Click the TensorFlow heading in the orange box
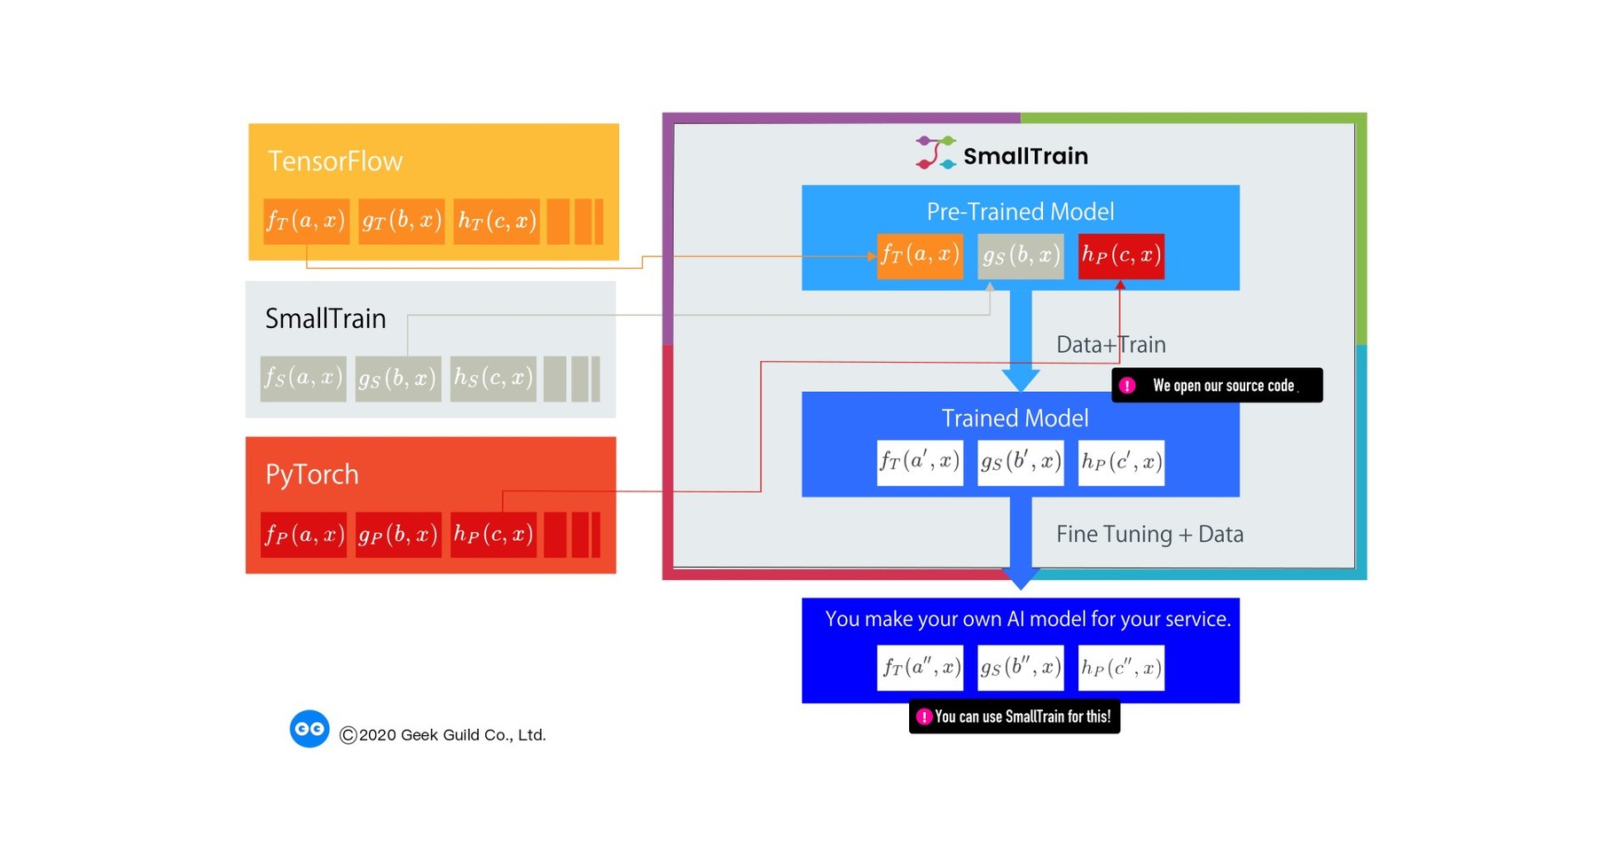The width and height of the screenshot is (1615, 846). pyautogui.click(x=335, y=161)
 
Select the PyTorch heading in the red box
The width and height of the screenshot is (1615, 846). pyautogui.click(x=312, y=474)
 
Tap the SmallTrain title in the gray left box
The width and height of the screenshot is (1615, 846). pyautogui.click(x=325, y=318)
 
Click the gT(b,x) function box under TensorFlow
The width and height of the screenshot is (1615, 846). pyautogui.click(x=401, y=221)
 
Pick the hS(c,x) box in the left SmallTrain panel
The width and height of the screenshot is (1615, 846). pyautogui.click(x=493, y=379)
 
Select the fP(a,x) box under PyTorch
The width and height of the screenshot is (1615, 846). pyautogui.click(x=303, y=535)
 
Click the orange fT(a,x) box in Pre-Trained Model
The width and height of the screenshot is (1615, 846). pyautogui.click(x=920, y=255)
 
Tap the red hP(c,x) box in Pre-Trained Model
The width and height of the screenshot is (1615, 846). pyautogui.click(x=1121, y=255)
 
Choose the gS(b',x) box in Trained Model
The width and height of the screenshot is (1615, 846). pyautogui.click(x=1020, y=462)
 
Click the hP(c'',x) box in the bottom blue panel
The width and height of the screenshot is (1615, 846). pyautogui.click(x=1121, y=668)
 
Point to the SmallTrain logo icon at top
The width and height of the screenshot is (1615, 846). pyautogui.click(x=935, y=153)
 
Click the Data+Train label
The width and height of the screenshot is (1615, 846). pyautogui.click(x=1110, y=345)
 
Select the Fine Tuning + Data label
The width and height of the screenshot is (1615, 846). pyautogui.click(x=1149, y=535)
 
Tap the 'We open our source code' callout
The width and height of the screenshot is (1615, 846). pyautogui.click(x=1217, y=386)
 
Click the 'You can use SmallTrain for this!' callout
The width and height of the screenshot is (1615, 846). pyautogui.click(x=1015, y=717)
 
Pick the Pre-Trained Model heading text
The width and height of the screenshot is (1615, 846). pyautogui.click(x=1020, y=212)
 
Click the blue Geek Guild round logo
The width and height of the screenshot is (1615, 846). pyautogui.click(x=310, y=729)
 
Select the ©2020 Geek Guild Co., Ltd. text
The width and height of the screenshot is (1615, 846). pyautogui.click(x=443, y=735)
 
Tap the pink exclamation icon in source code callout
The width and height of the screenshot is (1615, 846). pyautogui.click(x=1127, y=386)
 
